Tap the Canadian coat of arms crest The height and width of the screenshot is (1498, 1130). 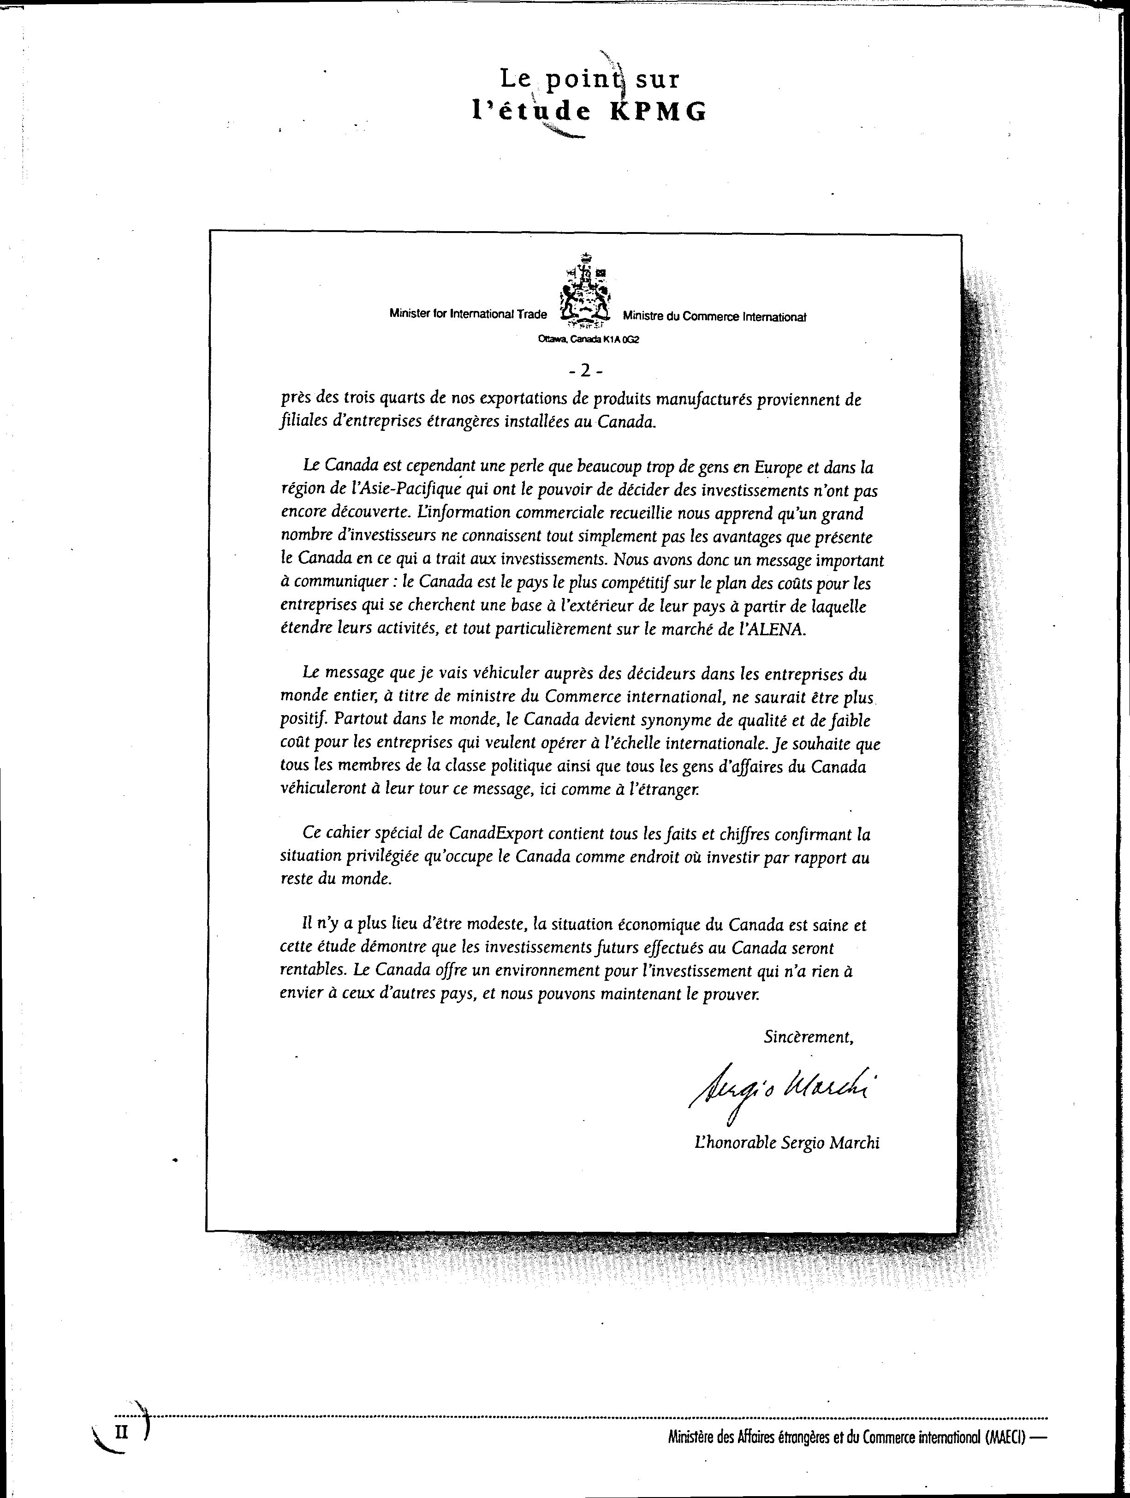[584, 288]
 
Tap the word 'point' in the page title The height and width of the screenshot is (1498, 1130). [585, 80]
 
